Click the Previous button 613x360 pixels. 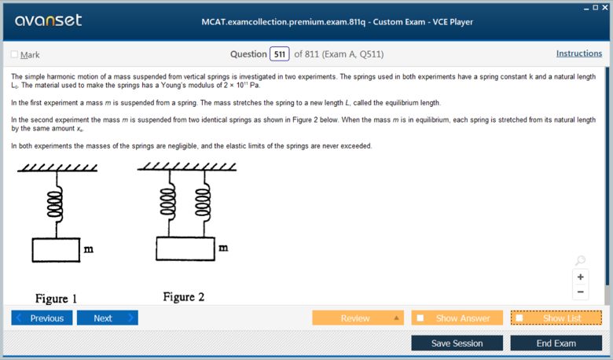(x=42, y=318)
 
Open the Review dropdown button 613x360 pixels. (x=358, y=318)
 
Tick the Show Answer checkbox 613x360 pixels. (x=420, y=318)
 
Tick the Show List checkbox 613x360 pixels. (x=519, y=318)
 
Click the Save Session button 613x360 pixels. (x=457, y=343)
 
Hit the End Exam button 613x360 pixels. (x=556, y=343)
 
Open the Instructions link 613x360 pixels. (x=578, y=53)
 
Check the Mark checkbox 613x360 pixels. (x=14, y=54)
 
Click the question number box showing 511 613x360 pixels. (x=279, y=54)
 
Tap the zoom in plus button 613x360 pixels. (x=581, y=277)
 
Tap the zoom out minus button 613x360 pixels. (x=581, y=292)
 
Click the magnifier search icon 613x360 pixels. (x=580, y=260)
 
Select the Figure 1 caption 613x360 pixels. (x=57, y=299)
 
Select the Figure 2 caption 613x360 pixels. (x=184, y=297)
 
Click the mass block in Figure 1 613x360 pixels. (x=56, y=250)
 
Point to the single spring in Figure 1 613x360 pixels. (x=55, y=206)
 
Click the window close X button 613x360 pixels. (x=606, y=7)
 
